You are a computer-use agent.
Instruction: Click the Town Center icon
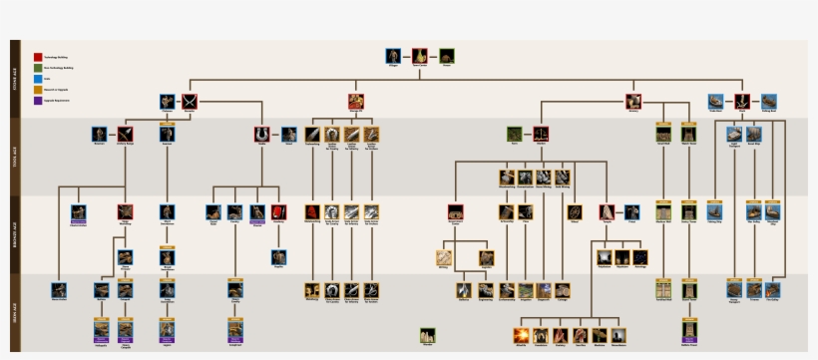[x=421, y=56]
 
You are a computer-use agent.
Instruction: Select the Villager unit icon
[x=395, y=56]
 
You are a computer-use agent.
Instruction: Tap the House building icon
[x=447, y=56]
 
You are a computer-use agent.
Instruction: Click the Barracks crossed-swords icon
[x=190, y=101]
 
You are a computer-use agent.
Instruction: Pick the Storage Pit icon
[x=356, y=101]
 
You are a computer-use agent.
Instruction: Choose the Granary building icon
[x=633, y=101]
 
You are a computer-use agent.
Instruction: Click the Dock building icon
[x=741, y=101]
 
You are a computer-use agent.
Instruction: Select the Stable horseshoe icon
[x=262, y=134]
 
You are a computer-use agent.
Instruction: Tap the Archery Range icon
[x=125, y=134]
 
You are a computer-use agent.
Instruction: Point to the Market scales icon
[x=541, y=134]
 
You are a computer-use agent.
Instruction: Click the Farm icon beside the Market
[x=515, y=134]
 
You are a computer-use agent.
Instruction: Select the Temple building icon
[x=607, y=211]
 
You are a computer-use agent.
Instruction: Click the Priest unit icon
[x=631, y=211]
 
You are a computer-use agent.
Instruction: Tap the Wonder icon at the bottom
[x=428, y=335]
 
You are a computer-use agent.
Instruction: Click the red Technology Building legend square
[x=38, y=57]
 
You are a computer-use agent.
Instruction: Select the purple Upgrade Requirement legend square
[x=38, y=100]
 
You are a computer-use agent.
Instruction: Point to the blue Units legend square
[x=38, y=78]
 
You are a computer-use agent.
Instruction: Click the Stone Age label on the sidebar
[x=15, y=79]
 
